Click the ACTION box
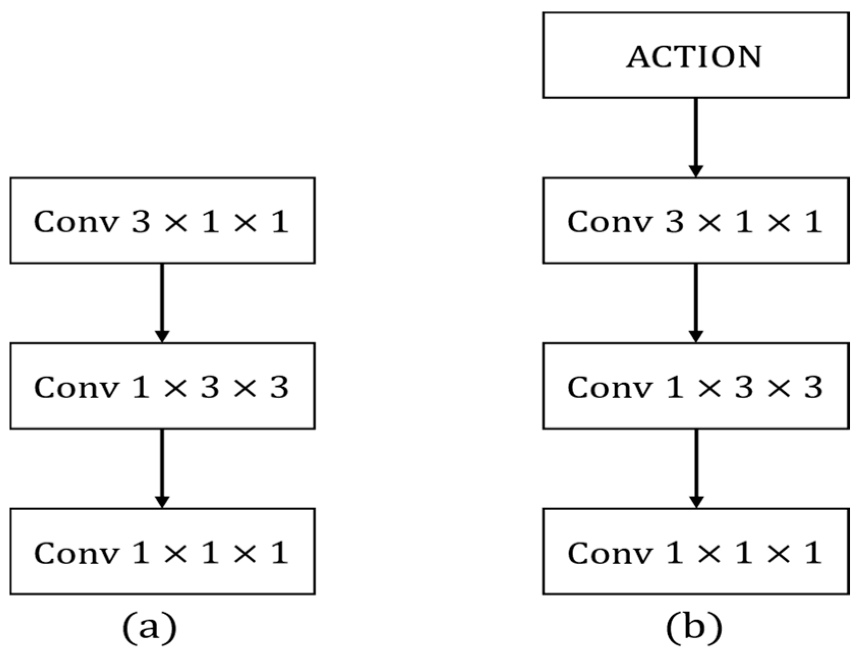coord(695,55)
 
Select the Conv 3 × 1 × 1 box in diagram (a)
coord(162,220)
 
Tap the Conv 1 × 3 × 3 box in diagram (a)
coord(162,385)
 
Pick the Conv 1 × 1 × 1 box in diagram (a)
coord(162,551)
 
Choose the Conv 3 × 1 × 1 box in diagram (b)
coord(695,220)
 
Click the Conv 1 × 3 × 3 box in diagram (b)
coord(695,385)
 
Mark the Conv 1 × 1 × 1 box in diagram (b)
coord(695,551)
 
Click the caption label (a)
coord(149,626)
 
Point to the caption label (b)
coord(694,626)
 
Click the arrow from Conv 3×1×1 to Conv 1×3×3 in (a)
coord(162,303)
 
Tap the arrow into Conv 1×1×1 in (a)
coord(162,468)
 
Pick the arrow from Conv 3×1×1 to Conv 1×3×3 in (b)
coord(695,303)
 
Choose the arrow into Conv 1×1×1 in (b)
coord(695,468)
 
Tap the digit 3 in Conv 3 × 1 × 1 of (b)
coord(674,222)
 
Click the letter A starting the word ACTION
coord(639,56)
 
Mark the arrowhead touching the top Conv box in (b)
coord(695,171)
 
